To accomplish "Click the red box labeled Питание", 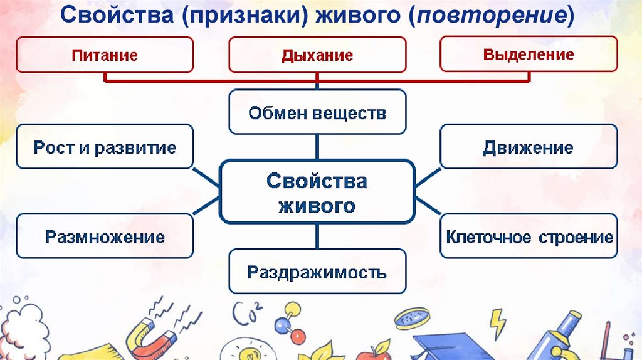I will pos(105,55).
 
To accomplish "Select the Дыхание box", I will pos(317,55).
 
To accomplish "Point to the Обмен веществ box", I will pos(317,113).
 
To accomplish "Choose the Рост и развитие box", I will pos(105,147).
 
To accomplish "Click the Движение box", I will pos(529,147).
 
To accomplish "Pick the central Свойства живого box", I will pos(317,193).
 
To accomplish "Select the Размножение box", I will pos(105,236).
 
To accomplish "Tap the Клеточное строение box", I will pos(529,237).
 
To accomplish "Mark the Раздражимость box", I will pos(317,272).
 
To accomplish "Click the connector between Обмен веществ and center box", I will pos(317,147).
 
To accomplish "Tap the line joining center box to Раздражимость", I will pos(317,236).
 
